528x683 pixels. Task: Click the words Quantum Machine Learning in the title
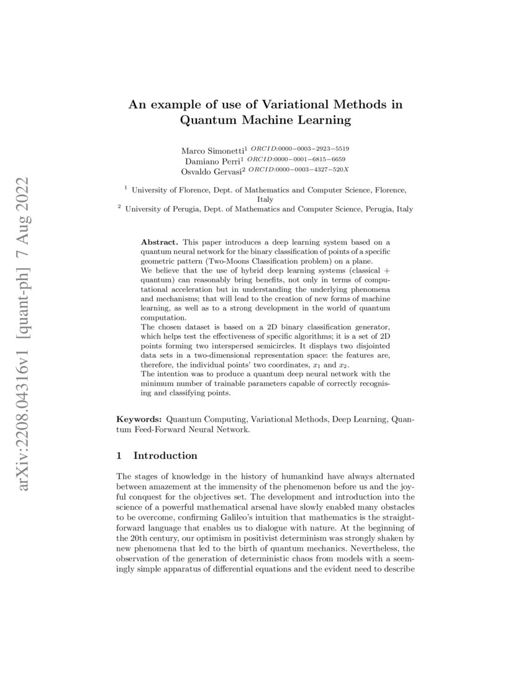[x=265, y=120]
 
